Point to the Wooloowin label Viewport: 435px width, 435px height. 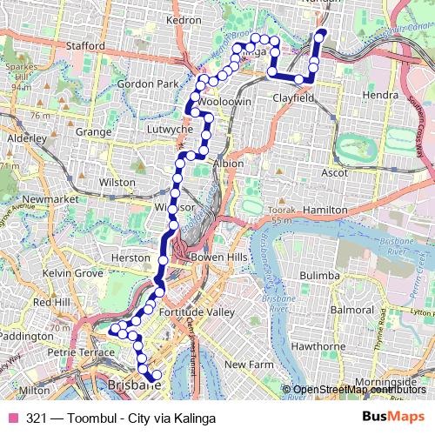tap(224, 102)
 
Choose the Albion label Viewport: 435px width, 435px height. tap(228, 163)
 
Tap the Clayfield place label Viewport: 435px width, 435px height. tap(292, 99)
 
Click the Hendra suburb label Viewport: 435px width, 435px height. tap(381, 93)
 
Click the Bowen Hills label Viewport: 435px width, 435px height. tap(214, 258)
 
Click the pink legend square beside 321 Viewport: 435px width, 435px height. tap(14, 418)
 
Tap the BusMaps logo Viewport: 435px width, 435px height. tap(388, 418)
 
